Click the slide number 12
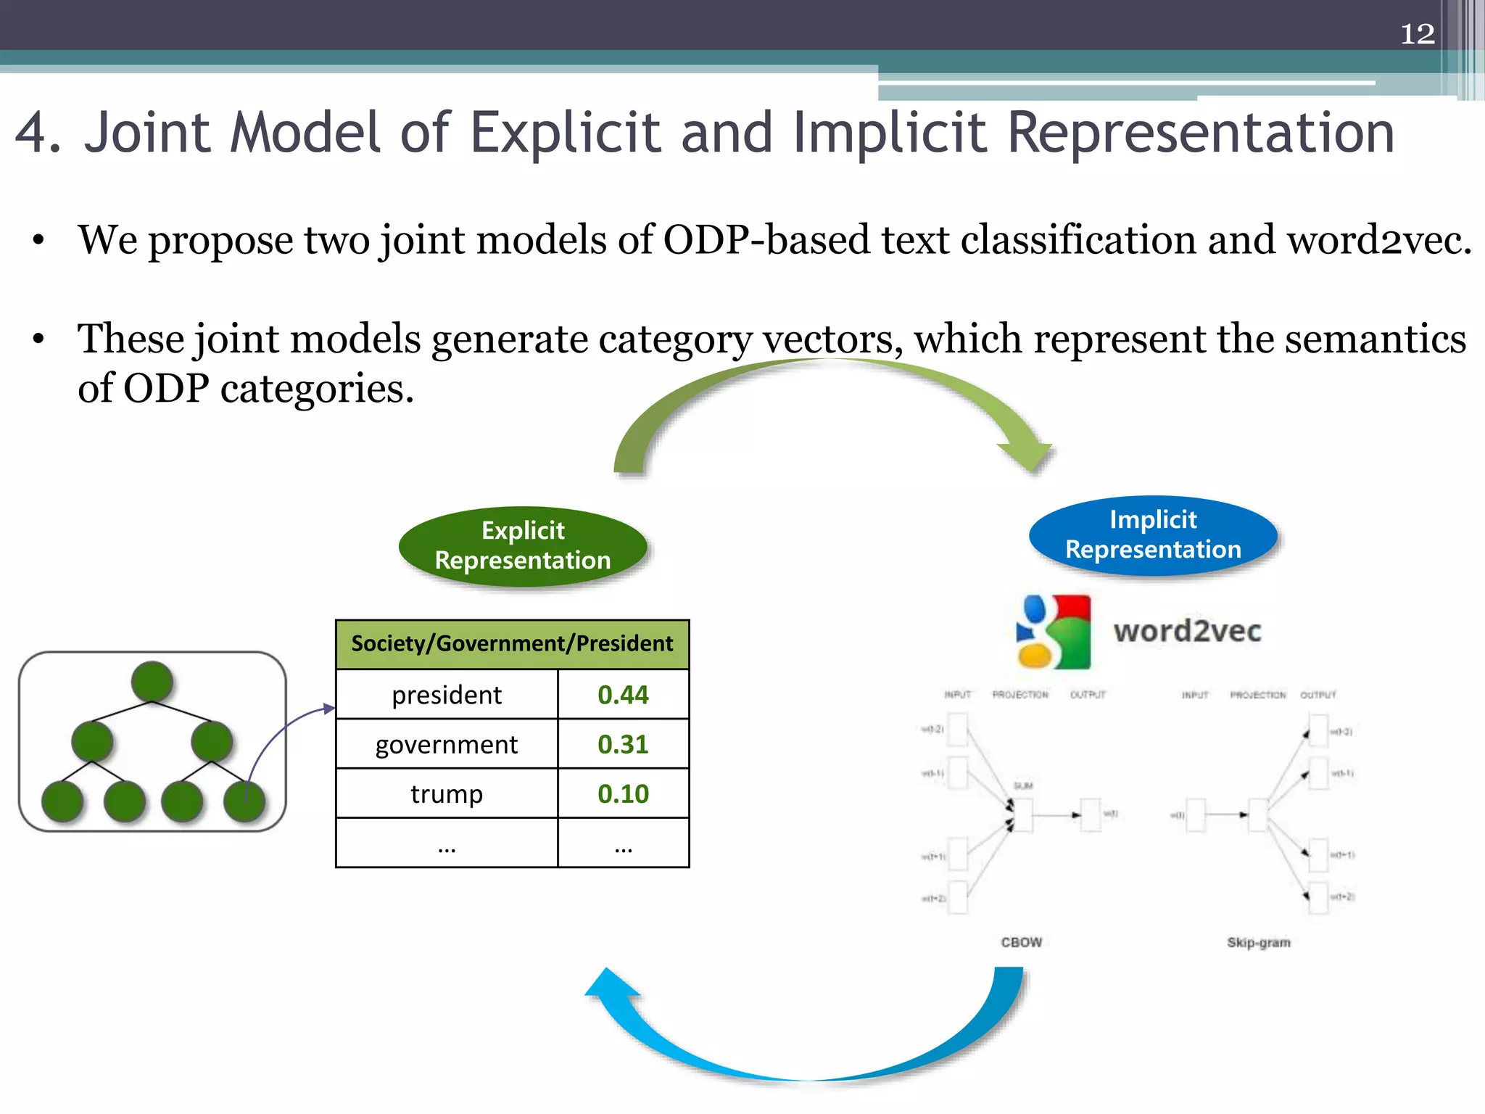pyautogui.click(x=1417, y=34)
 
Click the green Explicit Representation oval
pyautogui.click(x=522, y=545)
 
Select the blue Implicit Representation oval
pyautogui.click(x=1153, y=535)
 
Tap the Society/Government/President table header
pyautogui.click(x=512, y=644)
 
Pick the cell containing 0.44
pyautogui.click(x=623, y=695)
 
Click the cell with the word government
pyautogui.click(x=447, y=744)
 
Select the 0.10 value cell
pyautogui.click(x=623, y=793)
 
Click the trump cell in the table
pyautogui.click(x=447, y=793)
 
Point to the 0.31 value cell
pyautogui.click(x=623, y=744)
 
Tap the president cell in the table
pyautogui.click(x=447, y=695)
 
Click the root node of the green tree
pyautogui.click(x=152, y=682)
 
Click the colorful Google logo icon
pyautogui.click(x=1054, y=632)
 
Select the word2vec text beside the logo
pyautogui.click(x=1188, y=631)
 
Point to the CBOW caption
pyautogui.click(x=1021, y=942)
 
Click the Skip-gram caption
pyautogui.click(x=1259, y=942)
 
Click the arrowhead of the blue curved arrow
pyautogui.click(x=609, y=985)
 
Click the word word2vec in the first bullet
pyautogui.click(x=1379, y=240)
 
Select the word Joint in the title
pyautogui.click(x=147, y=133)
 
